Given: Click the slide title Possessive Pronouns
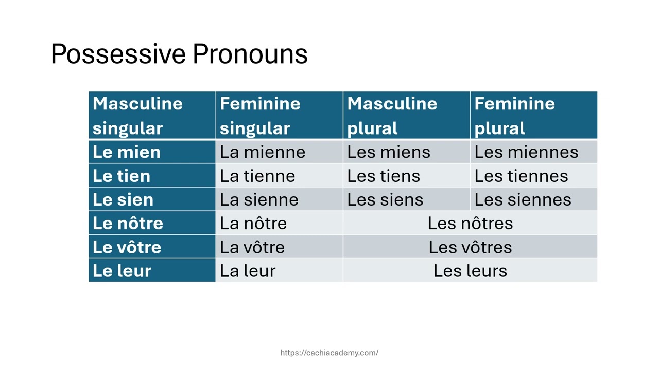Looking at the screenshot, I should tap(179, 54).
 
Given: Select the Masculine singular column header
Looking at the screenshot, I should tap(152, 116).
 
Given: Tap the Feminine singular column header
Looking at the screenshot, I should tap(279, 116).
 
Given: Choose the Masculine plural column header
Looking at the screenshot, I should tap(406, 116).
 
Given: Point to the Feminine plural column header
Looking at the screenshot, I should tap(533, 116).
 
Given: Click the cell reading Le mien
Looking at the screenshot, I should tap(152, 152).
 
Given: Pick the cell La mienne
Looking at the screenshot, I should tap(279, 152).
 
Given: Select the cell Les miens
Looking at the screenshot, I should tap(406, 152).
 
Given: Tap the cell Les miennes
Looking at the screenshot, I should tap(533, 152).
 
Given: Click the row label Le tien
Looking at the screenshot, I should tap(152, 176).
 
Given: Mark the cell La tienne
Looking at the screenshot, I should tap(279, 176).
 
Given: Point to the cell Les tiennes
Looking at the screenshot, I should tap(533, 176).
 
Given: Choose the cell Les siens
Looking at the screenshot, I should tap(406, 199).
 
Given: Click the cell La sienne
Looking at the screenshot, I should tap(279, 199).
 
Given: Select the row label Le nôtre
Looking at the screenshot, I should tap(152, 223).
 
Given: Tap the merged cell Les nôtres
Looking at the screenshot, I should tap(470, 223).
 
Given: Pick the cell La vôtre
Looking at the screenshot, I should tap(279, 247).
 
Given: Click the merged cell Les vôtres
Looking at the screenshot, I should tap(470, 247).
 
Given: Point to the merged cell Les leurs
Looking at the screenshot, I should tap(470, 271).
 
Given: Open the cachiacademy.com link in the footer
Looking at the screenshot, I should tap(329, 353).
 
